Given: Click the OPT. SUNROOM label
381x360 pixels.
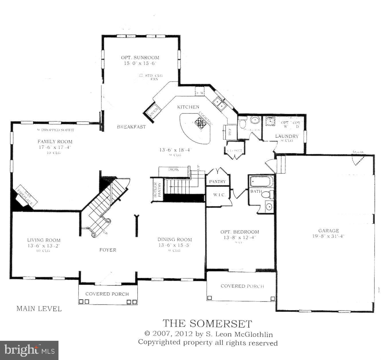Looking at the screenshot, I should click(x=140, y=58).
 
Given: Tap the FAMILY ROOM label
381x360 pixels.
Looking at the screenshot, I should click(x=55, y=141).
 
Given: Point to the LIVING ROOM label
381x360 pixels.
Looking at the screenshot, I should click(x=44, y=240).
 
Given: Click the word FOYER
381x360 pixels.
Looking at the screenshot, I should click(x=108, y=250).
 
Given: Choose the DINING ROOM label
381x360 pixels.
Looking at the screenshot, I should click(x=175, y=240).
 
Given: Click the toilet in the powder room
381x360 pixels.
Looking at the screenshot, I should click(x=242, y=123).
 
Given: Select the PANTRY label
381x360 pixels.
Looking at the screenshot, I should click(x=217, y=182).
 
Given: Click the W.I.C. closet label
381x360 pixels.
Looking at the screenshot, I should click(x=219, y=195).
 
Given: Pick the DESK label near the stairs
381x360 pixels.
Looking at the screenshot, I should click(x=173, y=170).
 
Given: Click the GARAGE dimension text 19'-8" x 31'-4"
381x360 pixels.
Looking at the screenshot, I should click(x=328, y=237).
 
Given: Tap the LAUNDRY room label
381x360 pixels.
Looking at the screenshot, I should click(x=287, y=136).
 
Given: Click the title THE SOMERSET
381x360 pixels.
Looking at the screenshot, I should click(x=207, y=323).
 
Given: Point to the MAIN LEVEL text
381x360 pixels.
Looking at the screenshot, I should click(x=39, y=309).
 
